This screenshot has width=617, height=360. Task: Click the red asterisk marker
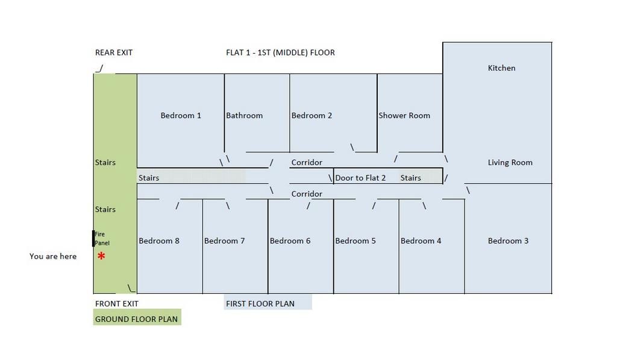(101, 256)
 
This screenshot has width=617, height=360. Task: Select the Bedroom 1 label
(181, 115)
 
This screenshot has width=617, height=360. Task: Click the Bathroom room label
(244, 115)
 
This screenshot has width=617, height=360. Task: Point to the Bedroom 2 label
(312, 115)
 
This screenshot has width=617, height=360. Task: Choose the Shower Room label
(404, 115)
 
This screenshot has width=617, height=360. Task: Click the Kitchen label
(501, 68)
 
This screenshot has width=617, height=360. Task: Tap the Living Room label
(510, 162)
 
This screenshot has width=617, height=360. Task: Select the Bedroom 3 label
(508, 241)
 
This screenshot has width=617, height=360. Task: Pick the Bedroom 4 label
(421, 241)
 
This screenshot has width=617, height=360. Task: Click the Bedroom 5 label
(355, 241)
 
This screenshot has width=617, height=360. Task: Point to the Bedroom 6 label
(290, 241)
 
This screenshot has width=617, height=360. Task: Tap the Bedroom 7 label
(224, 241)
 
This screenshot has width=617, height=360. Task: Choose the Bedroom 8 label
(159, 241)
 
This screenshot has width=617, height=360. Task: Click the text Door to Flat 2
(360, 178)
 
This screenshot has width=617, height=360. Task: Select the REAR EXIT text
(114, 52)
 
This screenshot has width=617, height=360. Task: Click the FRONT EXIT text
(117, 303)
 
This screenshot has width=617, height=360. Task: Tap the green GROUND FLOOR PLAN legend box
(137, 318)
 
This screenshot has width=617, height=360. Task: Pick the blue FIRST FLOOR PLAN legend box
(268, 303)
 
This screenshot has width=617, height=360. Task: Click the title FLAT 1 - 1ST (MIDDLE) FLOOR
(280, 52)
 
